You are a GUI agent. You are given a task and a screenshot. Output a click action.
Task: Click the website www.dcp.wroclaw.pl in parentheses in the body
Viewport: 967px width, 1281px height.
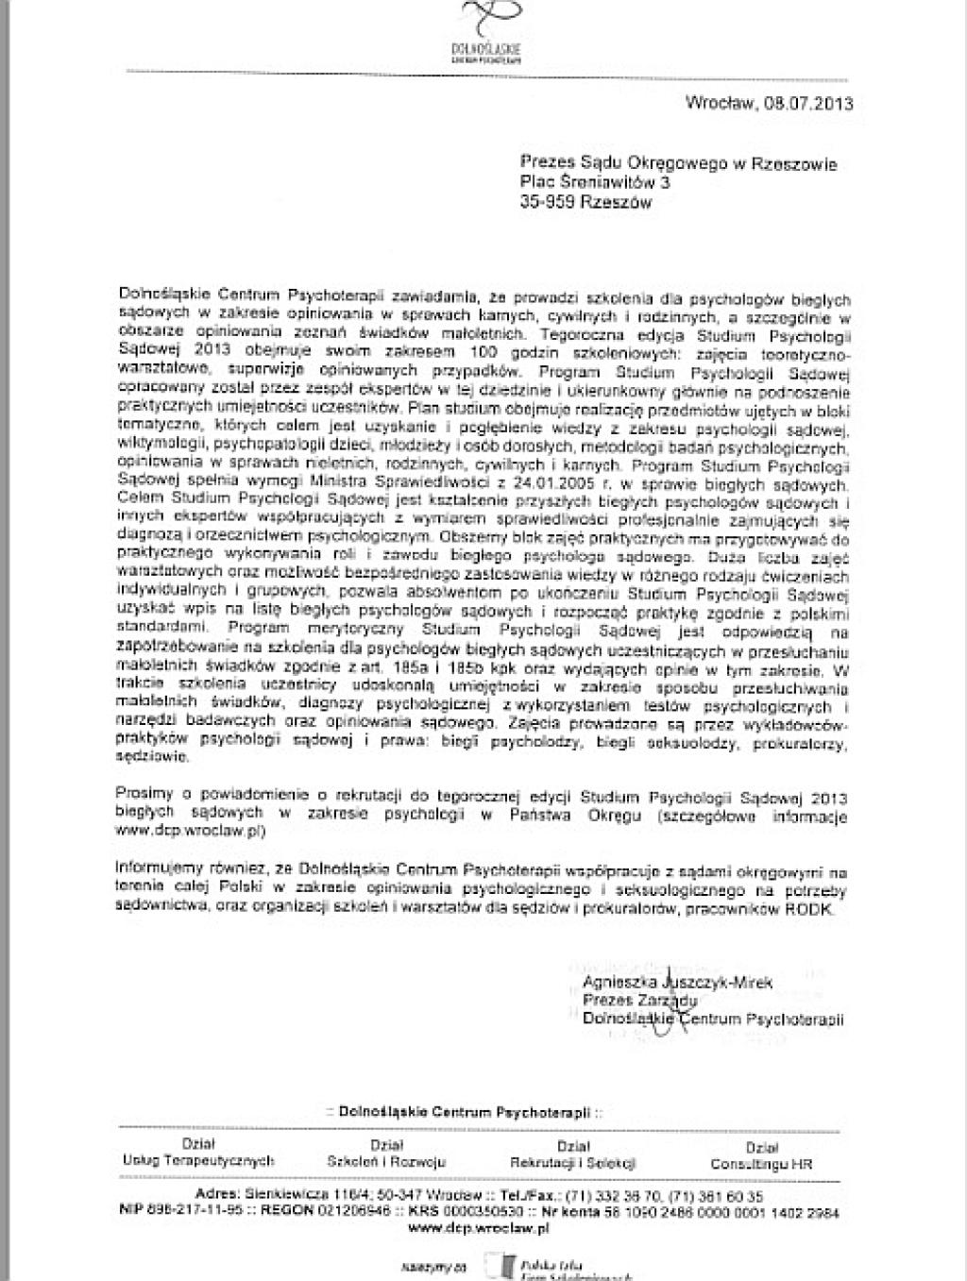pyautogui.click(x=189, y=832)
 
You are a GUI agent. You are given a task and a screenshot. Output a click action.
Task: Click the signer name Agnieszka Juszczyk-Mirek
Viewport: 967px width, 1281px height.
pyautogui.click(x=677, y=983)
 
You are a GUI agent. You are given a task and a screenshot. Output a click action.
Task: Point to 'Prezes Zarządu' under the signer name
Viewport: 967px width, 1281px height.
pyautogui.click(x=639, y=1001)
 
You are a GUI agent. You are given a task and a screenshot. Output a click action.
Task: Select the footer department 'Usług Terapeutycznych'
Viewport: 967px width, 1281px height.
pyautogui.click(x=198, y=1161)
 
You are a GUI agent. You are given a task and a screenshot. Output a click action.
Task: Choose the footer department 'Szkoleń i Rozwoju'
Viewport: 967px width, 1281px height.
pyautogui.click(x=386, y=1162)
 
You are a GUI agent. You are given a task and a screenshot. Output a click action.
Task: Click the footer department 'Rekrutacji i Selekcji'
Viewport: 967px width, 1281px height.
pyautogui.click(x=573, y=1163)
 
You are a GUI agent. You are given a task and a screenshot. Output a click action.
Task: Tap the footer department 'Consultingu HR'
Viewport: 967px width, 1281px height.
pyautogui.click(x=761, y=1164)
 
